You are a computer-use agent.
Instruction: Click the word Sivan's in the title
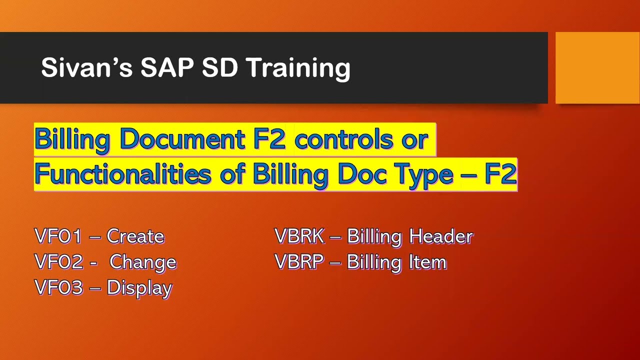(x=86, y=67)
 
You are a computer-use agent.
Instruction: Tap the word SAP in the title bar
(x=167, y=67)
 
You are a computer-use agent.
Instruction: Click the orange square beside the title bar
(x=597, y=67)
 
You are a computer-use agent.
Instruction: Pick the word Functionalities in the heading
(x=122, y=174)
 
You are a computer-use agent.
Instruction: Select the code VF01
(x=58, y=236)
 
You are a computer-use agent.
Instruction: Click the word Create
(x=135, y=236)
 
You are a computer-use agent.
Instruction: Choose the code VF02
(x=58, y=262)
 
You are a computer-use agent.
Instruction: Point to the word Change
(x=143, y=262)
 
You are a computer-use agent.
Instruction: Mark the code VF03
(x=58, y=288)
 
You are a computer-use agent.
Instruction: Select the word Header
(x=441, y=236)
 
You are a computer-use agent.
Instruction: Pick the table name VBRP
(x=299, y=262)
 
